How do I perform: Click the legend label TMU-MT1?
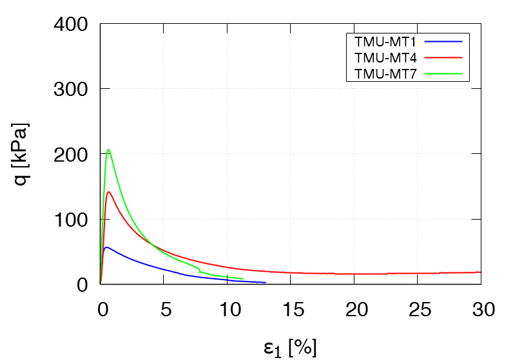click(385, 41)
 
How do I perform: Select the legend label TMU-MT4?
click(385, 57)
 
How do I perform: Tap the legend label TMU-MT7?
click(385, 73)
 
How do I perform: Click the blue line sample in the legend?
click(444, 41)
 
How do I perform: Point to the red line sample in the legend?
click(444, 57)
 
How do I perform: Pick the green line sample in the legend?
click(444, 73)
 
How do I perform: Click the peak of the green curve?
click(108, 150)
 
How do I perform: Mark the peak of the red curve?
click(109, 192)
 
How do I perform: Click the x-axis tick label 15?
click(291, 310)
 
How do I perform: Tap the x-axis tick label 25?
click(418, 310)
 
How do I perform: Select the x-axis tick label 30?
click(481, 310)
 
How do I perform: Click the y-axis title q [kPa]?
click(23, 154)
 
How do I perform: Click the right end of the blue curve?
click(265, 282)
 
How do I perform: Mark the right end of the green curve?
click(242, 279)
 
